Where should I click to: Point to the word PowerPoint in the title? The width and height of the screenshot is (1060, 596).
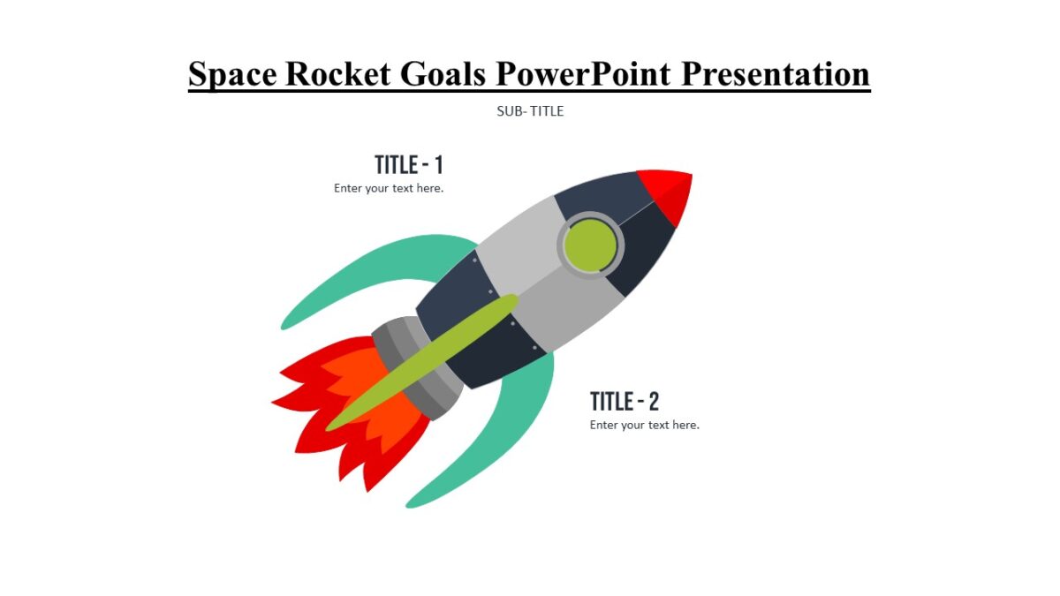[582, 74]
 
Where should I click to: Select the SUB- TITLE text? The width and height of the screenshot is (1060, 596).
[530, 111]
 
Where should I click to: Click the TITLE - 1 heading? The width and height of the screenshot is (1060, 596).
[408, 165]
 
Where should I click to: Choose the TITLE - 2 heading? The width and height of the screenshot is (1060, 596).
[625, 402]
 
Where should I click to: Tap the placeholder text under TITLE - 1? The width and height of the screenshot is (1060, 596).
[389, 188]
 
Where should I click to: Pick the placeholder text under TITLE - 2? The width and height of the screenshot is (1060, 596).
[645, 425]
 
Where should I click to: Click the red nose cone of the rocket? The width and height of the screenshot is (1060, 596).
[671, 190]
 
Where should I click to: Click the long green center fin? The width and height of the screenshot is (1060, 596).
[424, 362]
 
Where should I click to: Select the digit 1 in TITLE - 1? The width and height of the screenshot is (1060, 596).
[437, 165]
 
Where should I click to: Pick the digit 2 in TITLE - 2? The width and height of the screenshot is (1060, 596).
[654, 402]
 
